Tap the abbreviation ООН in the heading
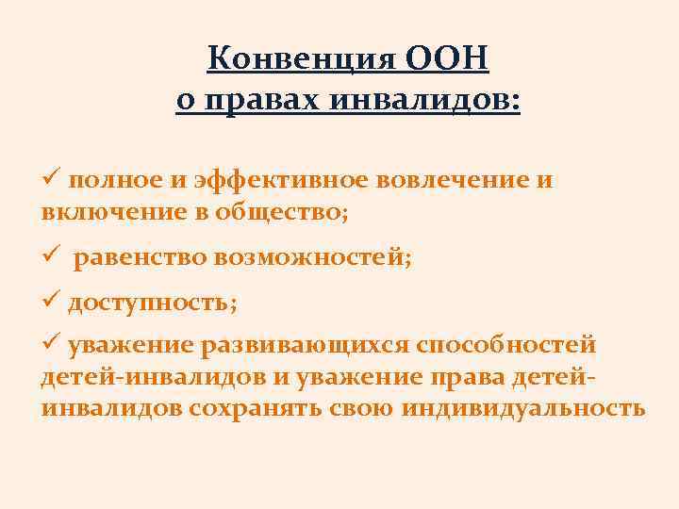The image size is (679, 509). [x=449, y=59]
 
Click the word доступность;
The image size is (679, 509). [x=152, y=302]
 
